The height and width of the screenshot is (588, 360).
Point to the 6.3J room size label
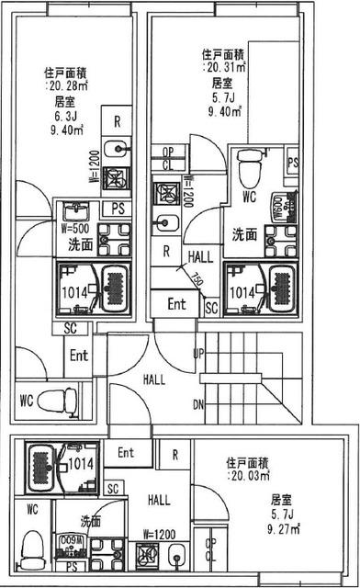pos(64,116)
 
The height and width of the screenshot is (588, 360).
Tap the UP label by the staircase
pos(198,353)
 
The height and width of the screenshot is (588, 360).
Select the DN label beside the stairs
pos(198,403)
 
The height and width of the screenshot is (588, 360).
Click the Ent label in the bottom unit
pos(126,453)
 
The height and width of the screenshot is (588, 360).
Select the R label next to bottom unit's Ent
pos(174,455)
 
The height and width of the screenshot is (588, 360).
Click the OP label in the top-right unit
pos(167,153)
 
